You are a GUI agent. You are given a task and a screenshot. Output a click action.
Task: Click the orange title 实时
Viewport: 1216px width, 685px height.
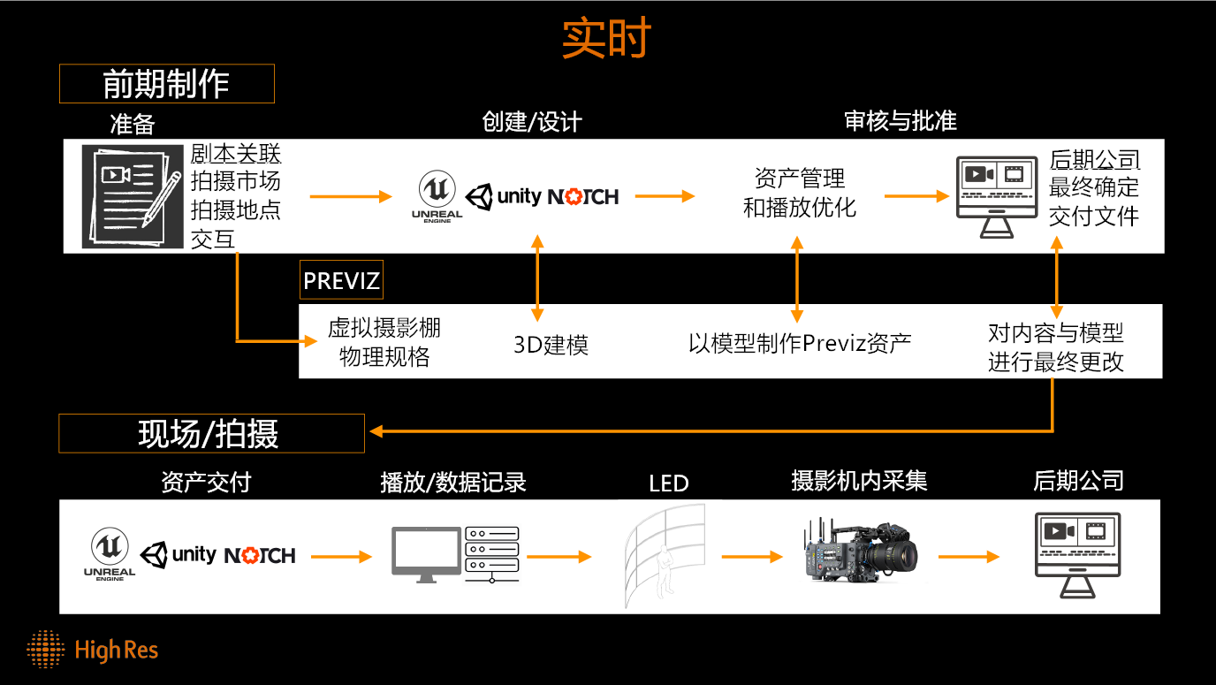pos(606,37)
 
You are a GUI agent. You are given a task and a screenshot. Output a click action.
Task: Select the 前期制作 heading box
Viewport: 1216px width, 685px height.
pos(167,84)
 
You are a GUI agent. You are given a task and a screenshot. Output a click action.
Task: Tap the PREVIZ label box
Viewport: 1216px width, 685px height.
pos(341,280)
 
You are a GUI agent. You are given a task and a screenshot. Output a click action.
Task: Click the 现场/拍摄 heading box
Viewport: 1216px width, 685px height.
pos(212,433)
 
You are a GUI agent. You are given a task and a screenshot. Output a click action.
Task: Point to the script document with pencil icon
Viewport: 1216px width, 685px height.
pos(133,196)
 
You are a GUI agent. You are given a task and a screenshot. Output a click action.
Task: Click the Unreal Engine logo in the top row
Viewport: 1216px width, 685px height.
pos(437,196)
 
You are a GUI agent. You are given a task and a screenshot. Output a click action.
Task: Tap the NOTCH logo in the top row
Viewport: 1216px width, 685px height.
pos(583,196)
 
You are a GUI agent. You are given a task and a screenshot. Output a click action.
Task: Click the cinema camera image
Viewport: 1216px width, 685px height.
pos(861,552)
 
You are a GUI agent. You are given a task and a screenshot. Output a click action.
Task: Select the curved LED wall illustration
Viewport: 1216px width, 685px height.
pos(665,555)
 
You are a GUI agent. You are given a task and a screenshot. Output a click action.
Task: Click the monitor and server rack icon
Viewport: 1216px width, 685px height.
pos(455,555)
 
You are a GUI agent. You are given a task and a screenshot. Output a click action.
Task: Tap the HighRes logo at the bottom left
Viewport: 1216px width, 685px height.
pos(92,649)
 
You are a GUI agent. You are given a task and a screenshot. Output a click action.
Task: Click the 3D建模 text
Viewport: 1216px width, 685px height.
pos(551,345)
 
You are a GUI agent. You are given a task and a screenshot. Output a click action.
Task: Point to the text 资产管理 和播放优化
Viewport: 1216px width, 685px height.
pos(800,193)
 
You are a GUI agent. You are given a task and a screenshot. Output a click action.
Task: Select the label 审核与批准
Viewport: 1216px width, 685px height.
pos(901,120)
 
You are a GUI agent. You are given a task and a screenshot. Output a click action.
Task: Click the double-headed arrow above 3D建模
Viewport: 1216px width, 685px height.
pos(537,278)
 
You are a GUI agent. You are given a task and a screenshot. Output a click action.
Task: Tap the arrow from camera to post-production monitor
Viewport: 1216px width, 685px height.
pos(969,556)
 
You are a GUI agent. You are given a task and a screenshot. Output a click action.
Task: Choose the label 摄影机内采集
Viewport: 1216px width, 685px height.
pos(859,481)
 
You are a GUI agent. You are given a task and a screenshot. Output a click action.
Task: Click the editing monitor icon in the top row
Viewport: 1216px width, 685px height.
pos(997,196)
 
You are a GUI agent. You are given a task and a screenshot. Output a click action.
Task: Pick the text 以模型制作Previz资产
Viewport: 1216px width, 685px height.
pos(800,343)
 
